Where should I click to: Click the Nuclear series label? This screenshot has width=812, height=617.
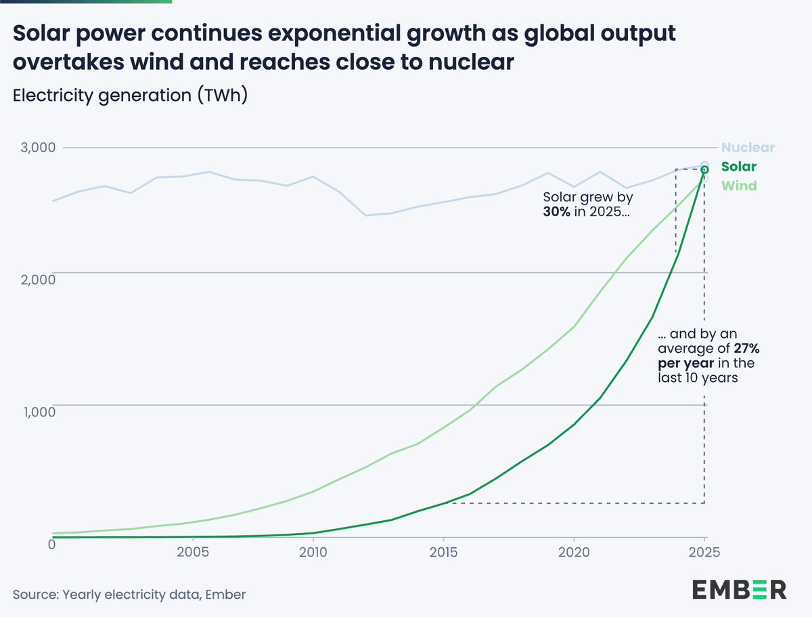(748, 148)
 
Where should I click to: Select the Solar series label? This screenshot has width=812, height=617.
(739, 167)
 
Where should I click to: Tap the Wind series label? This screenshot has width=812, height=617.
(739, 186)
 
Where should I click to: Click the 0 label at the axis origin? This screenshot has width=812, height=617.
(51, 544)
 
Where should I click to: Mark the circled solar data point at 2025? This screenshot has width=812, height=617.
(704, 169)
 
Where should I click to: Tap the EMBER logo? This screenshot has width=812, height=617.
(739, 589)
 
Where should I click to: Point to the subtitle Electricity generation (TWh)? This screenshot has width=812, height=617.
(130, 95)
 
